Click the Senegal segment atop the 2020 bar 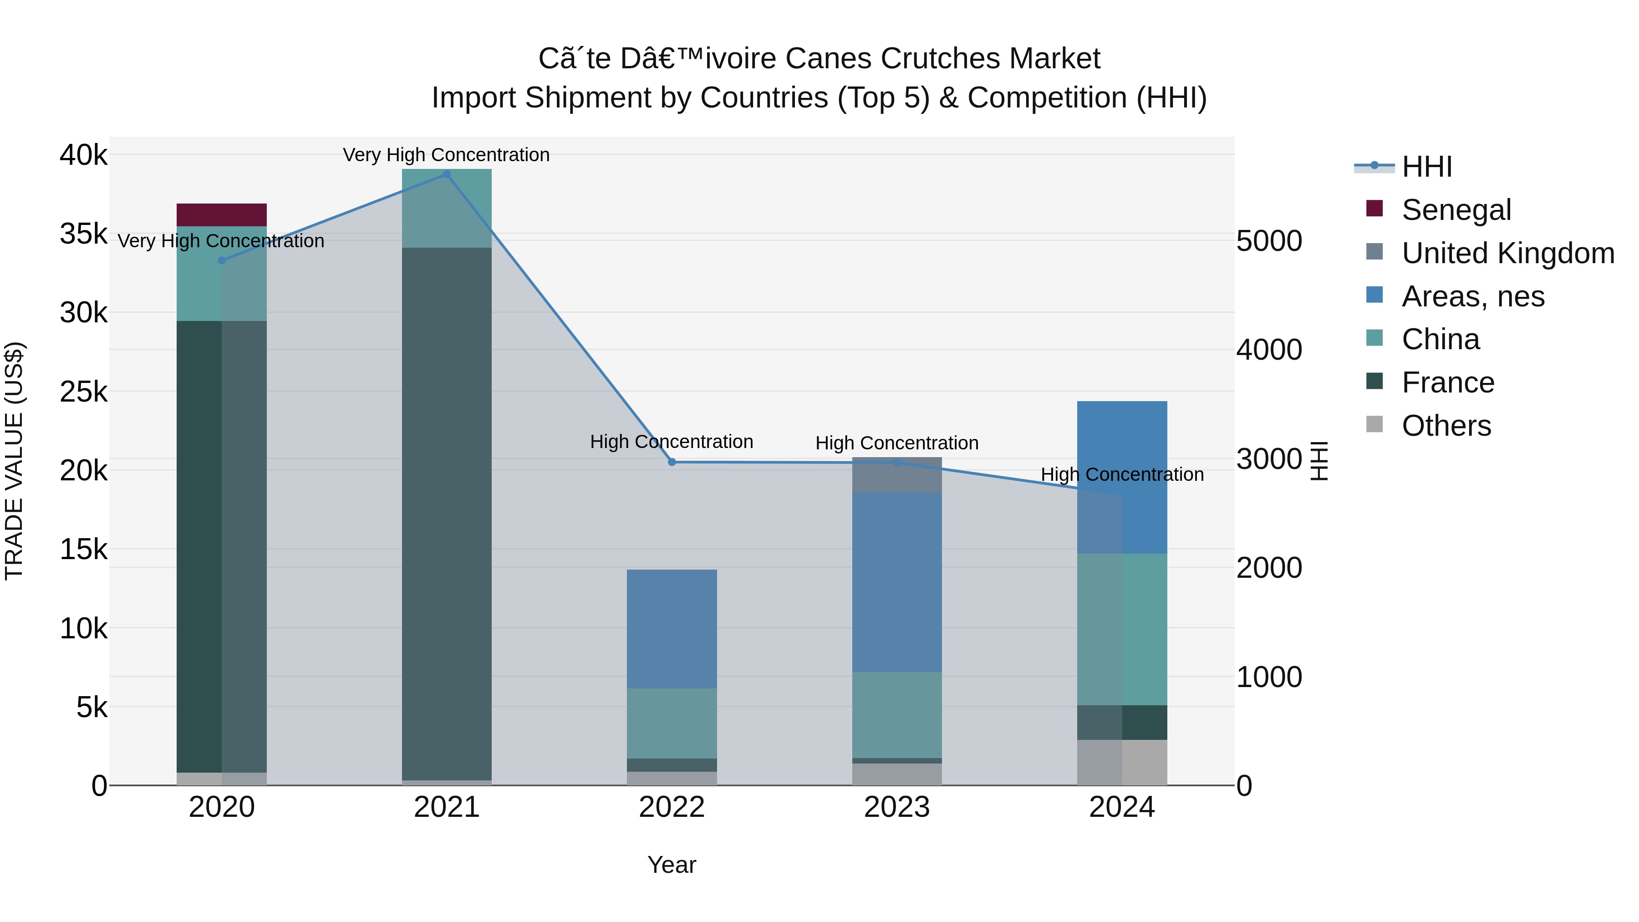[221, 215]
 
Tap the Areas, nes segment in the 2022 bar [672, 629]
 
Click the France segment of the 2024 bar [1122, 722]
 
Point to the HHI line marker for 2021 [447, 174]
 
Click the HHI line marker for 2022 [672, 462]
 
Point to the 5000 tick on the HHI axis [1269, 241]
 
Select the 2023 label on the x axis [897, 807]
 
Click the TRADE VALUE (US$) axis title [15, 461]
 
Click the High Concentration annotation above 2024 [1122, 475]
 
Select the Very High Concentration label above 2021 [446, 155]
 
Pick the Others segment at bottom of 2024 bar [1122, 762]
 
